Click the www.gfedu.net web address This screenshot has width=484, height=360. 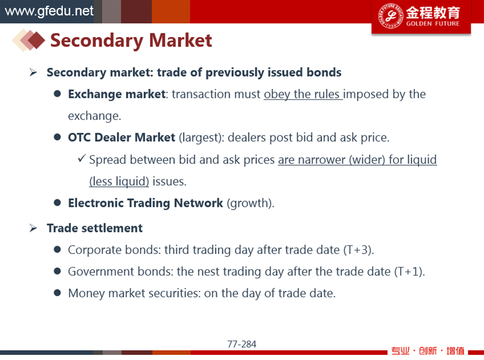(x=49, y=11)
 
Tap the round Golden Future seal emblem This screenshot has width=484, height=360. (x=391, y=16)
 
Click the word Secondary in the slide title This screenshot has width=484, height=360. (x=96, y=40)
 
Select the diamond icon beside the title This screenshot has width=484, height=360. (x=29, y=40)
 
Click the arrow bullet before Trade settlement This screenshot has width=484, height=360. (x=33, y=228)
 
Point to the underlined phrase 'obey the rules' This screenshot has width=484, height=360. (x=303, y=94)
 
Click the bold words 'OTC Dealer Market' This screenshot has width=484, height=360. (x=121, y=137)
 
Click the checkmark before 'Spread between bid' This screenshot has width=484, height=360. (x=82, y=158)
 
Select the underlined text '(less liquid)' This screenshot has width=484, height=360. (x=119, y=181)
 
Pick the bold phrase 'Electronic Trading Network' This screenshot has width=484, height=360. (x=145, y=203)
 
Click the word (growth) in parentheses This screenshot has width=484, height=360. (x=250, y=203)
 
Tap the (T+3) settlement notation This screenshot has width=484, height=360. (x=359, y=250)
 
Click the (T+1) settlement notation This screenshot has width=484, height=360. (x=409, y=272)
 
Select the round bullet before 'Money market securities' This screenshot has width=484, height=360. (x=57, y=293)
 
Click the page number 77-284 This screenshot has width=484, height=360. (x=242, y=344)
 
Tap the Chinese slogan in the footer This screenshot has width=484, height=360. (x=428, y=351)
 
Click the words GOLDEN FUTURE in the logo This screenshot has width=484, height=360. (x=433, y=24)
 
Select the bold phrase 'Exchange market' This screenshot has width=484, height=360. (x=117, y=94)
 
